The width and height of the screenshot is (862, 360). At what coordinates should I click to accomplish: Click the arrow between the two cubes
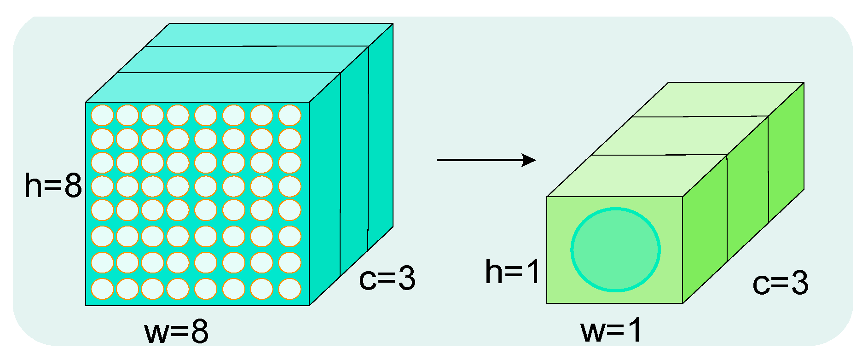pos(486,160)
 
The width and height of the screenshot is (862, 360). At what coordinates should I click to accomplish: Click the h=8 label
pos(53,186)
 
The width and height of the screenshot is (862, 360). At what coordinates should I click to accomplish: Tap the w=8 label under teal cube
pos(176,331)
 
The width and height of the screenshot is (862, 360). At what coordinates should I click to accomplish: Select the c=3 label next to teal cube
pos(387,279)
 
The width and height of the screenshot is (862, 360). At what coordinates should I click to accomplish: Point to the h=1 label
pos(512,272)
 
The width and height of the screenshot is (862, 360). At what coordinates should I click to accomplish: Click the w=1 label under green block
pos(611,331)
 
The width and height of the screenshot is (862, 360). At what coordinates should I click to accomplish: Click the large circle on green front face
pos(615,250)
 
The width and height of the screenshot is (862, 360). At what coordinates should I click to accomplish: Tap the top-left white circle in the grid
pos(102,115)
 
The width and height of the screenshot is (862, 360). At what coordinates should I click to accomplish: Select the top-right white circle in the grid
pos(290,115)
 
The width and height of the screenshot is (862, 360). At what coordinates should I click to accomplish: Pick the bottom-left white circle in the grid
pos(102,289)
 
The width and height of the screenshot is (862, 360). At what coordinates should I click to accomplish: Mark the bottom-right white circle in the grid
pos(290,289)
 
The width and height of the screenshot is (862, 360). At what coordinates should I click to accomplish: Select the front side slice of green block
pos(704,230)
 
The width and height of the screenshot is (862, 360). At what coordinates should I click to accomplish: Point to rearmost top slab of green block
pos(718,99)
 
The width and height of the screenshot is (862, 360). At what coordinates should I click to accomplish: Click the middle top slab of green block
pos(679,136)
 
